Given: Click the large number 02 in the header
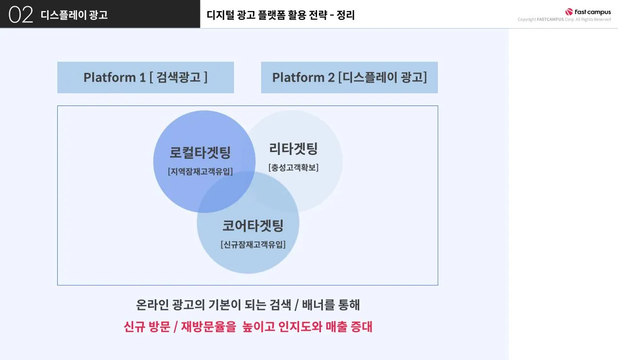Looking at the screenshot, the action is click(21, 15).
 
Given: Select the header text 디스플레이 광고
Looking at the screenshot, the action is click(74, 15).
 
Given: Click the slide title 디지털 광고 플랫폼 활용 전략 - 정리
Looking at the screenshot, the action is click(281, 15).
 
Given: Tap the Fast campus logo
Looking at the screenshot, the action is click(587, 12).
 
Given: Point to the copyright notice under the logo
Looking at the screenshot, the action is click(564, 19).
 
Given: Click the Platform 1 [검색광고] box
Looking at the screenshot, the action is click(145, 77).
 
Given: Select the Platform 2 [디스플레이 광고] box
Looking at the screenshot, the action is click(349, 77).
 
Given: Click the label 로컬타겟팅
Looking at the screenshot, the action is click(200, 153).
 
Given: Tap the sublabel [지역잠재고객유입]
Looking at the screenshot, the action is click(200, 171).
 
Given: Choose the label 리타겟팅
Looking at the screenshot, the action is click(293, 149).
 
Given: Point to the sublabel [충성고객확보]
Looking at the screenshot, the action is click(293, 168).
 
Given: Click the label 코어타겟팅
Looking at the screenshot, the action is click(252, 225).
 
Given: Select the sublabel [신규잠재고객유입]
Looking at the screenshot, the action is click(252, 244).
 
